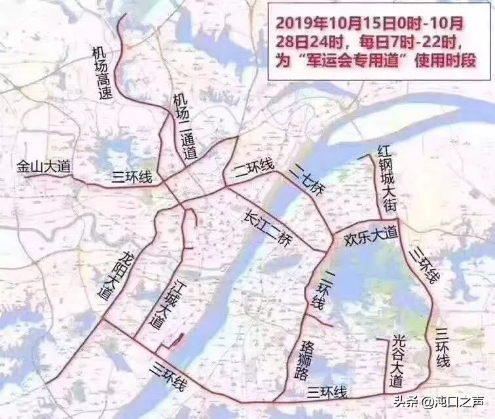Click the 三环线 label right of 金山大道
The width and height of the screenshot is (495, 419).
[132, 177]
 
